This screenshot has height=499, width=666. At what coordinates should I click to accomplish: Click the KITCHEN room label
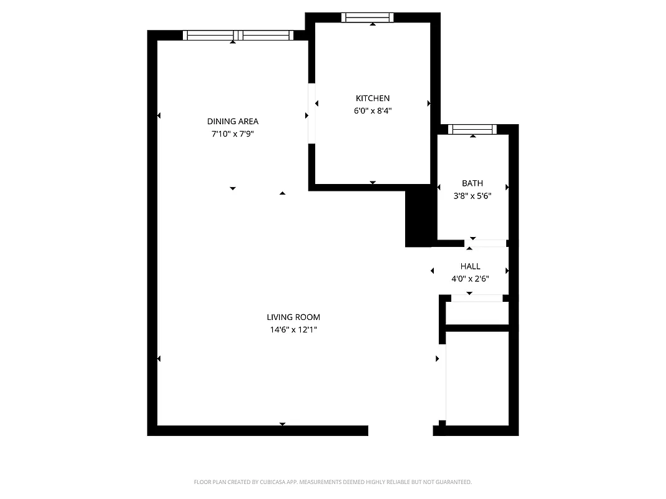coord(373,98)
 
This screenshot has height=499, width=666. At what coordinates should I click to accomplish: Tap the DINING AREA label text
coord(233,121)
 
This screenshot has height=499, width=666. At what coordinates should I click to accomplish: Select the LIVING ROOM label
coord(293,317)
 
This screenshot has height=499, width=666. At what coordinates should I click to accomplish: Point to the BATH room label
coord(473,183)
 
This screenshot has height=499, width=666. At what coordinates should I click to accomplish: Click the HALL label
coord(470,266)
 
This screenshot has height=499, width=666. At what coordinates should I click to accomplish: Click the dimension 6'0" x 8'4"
coord(373,110)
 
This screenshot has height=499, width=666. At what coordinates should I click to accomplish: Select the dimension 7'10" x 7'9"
coord(233,133)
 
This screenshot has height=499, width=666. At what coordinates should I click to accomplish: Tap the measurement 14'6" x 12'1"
coord(293,329)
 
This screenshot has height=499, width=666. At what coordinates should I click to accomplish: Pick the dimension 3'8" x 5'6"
coord(473,195)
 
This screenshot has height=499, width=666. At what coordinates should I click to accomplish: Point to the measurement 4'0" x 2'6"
coord(470,279)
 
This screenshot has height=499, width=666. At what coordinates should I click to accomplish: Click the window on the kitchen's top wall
coord(368,17)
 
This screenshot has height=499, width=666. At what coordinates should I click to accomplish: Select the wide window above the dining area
coord(238,36)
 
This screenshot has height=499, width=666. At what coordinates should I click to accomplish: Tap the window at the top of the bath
coord(473,130)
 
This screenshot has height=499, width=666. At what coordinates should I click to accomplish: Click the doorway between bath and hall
coord(485,243)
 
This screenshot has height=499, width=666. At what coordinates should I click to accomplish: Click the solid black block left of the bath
coord(419,218)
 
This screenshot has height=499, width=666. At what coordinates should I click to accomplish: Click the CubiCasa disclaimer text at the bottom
coord(333,482)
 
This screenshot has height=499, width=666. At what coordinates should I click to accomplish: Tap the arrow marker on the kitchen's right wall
coord(429,103)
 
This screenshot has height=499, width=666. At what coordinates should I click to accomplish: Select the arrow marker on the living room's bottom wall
coord(282,424)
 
